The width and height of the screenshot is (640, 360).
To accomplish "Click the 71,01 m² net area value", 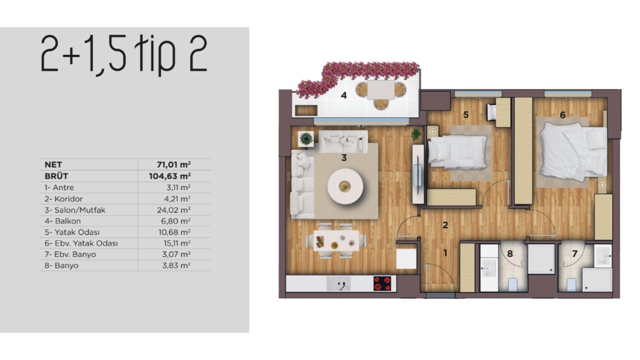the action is [x=174, y=164].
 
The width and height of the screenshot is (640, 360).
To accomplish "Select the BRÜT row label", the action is [x=56, y=176].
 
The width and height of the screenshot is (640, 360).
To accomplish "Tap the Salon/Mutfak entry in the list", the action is [x=75, y=210].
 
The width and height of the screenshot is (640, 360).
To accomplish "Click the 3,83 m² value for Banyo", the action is [x=176, y=265].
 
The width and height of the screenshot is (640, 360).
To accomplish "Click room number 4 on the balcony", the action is [x=344, y=96].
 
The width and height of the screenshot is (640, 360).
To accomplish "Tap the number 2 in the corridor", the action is [x=445, y=225].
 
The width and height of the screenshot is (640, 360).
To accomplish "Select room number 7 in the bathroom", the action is [x=575, y=254].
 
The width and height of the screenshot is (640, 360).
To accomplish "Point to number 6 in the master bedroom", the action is [x=563, y=115].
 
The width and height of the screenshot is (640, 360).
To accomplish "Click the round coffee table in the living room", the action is [x=345, y=186].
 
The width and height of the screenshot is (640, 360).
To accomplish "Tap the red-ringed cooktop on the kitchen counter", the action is [x=382, y=284].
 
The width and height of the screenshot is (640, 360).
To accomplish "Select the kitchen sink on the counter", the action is [x=338, y=284].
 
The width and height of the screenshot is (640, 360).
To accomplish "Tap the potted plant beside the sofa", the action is [x=306, y=138].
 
